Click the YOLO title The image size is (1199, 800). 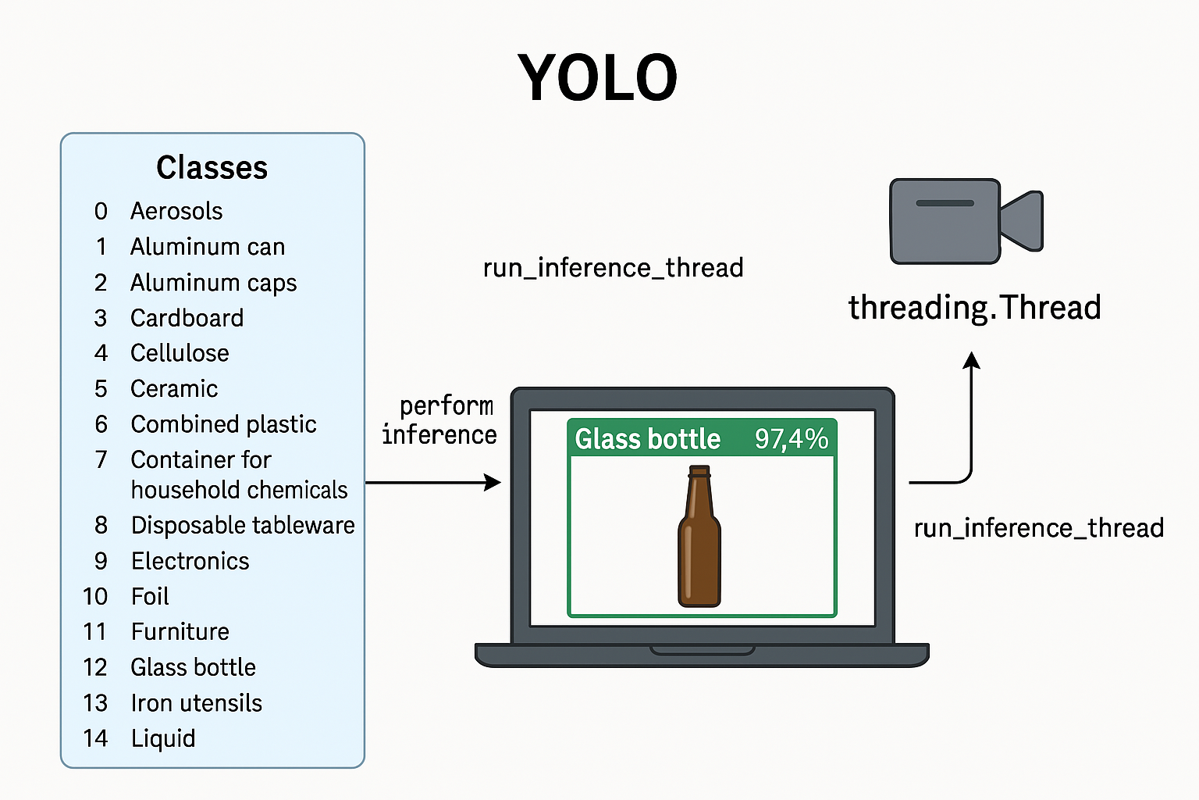597,77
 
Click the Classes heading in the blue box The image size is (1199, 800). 212,167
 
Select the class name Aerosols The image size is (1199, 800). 176,211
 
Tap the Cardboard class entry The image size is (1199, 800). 187,318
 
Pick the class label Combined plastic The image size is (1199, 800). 224,424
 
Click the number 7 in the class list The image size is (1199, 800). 101,459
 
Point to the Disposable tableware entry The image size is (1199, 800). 243,525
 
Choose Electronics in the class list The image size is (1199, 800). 190,561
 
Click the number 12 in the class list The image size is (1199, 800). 95,668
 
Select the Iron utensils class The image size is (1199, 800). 197,703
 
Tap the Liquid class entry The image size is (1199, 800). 163,738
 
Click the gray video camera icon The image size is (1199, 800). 966,221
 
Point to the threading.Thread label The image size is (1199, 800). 975,308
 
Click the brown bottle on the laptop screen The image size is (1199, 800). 699,536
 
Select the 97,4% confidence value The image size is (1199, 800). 791,438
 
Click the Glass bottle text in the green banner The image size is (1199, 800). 648,438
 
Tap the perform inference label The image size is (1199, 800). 439,420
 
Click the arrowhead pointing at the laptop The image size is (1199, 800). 493,482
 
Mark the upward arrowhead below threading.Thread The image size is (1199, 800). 972,360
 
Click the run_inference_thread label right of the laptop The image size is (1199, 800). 1039,528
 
